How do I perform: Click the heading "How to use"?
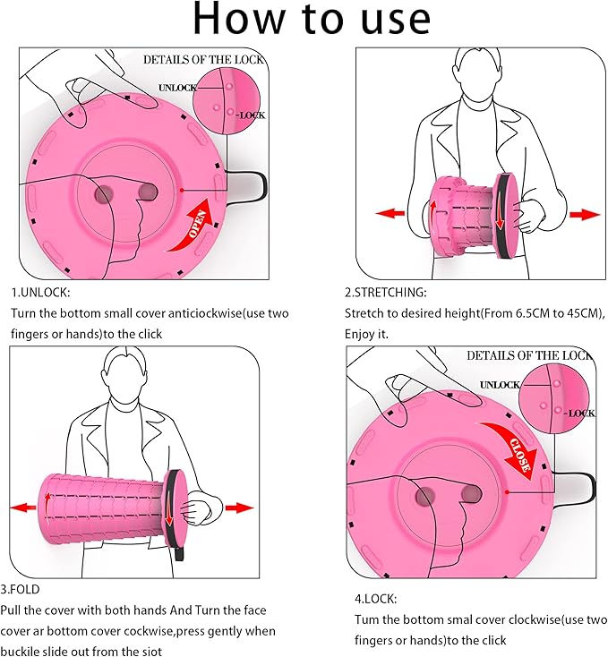coord(304,21)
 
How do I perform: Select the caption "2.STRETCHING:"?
coord(386,293)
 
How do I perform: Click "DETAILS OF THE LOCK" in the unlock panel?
coord(204,59)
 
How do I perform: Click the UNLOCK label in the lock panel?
coord(500,384)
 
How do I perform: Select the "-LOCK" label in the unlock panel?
coord(252,115)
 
